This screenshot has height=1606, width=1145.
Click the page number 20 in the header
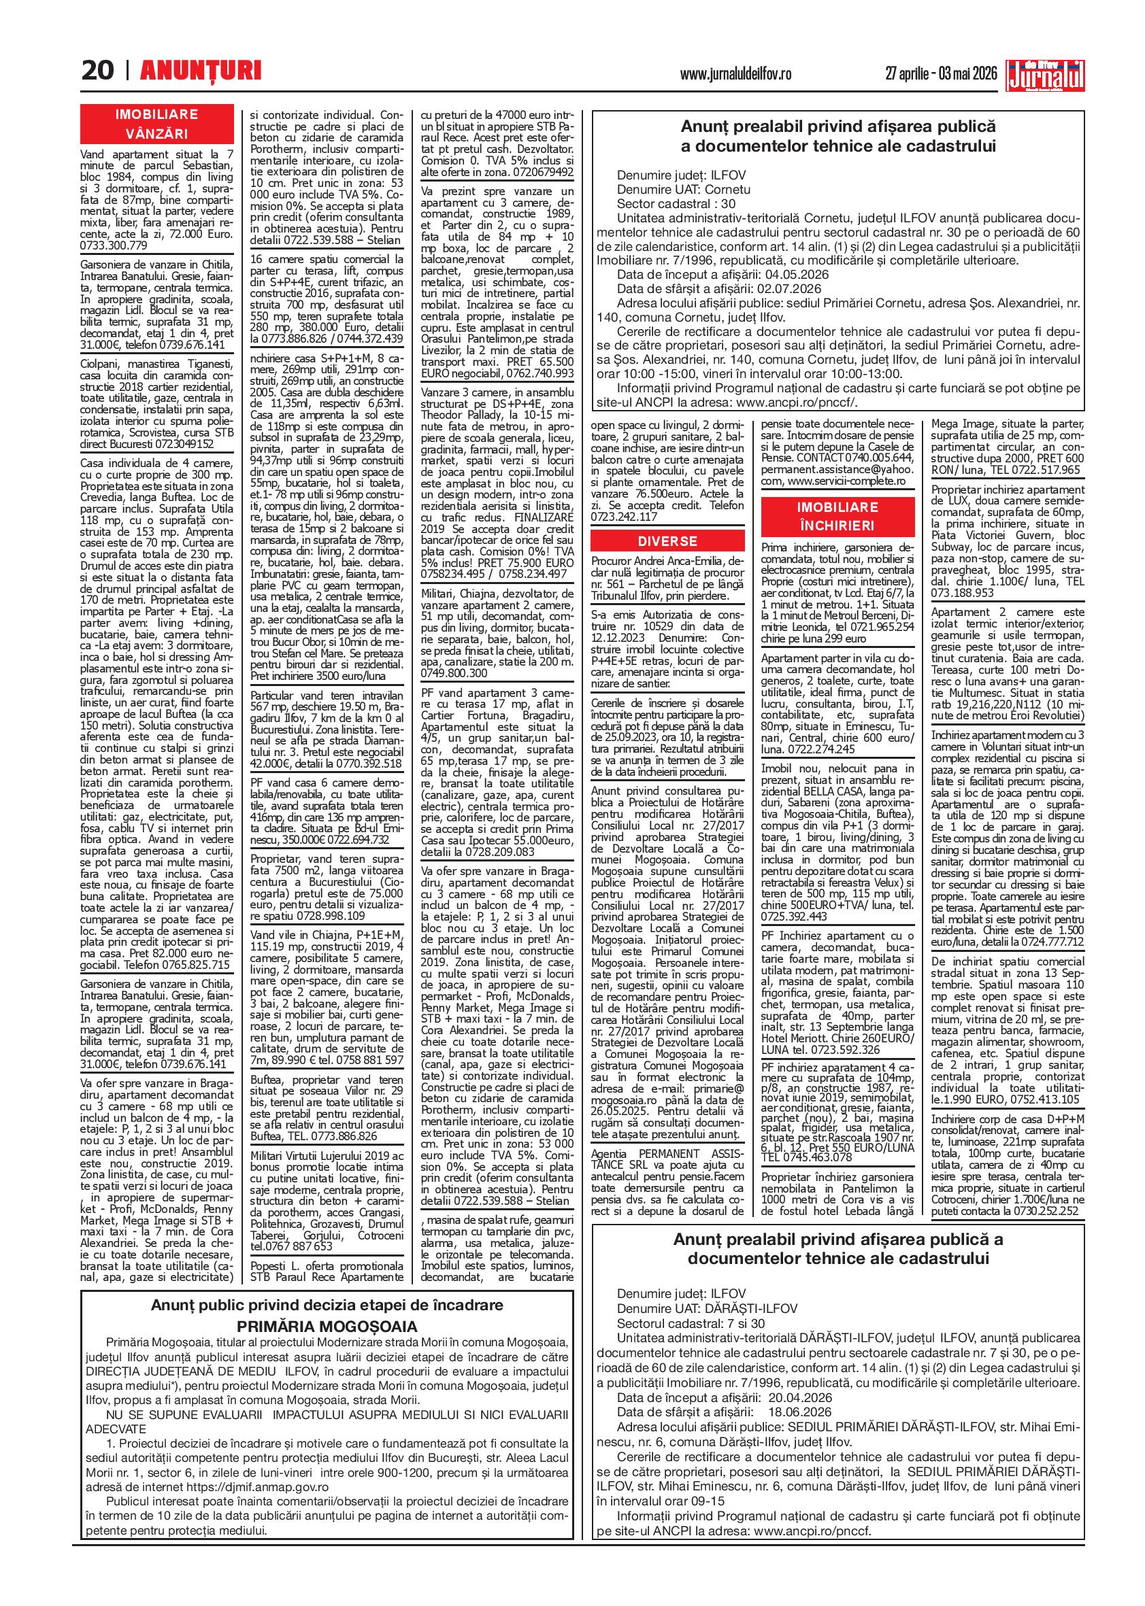(x=97, y=71)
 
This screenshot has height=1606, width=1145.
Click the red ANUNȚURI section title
(x=200, y=71)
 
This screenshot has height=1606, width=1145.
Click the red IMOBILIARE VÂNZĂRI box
(x=156, y=123)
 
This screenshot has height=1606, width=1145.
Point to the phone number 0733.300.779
(x=114, y=246)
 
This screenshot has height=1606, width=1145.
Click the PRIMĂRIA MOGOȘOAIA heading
(x=327, y=1325)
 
